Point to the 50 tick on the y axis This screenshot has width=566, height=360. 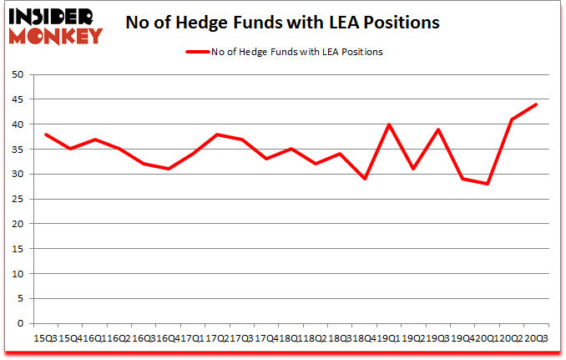(x=16, y=75)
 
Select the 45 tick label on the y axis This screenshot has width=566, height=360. (x=16, y=99)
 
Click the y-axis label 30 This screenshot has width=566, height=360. (x=16, y=175)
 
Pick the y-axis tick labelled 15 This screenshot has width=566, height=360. (x=16, y=249)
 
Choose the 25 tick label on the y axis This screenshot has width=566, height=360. (x=16, y=200)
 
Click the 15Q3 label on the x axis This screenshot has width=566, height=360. (x=45, y=337)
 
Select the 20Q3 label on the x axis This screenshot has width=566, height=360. (x=535, y=337)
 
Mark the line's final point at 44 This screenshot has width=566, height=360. (x=536, y=104)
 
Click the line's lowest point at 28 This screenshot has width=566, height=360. (x=487, y=184)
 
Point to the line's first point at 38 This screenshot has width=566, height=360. (x=45, y=134)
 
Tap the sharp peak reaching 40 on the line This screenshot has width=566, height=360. (x=389, y=124)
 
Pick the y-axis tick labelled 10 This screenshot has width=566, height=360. (x=16, y=274)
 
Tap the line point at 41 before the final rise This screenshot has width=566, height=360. (x=511, y=119)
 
